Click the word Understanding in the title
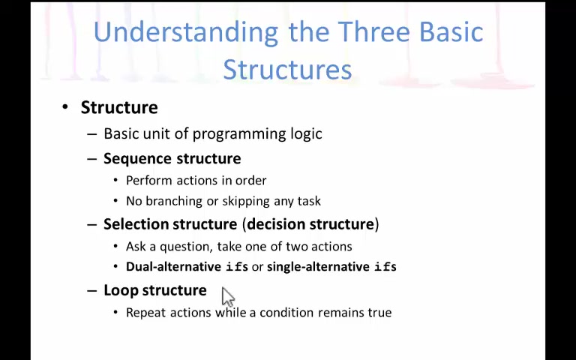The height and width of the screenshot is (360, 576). coord(186,33)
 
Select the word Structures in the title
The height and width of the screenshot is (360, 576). coord(287,70)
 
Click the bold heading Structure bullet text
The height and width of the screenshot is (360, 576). coord(119,108)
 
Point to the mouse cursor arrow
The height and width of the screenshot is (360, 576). coord(228,297)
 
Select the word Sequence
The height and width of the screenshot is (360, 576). coord(138,159)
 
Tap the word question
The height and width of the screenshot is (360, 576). coord(186,247)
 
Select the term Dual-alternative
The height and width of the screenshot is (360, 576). coord(173,267)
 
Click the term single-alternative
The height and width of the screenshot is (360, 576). coord(318,267)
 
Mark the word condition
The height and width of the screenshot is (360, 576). coord(286,313)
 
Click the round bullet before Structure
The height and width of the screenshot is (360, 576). coord(65,107)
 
